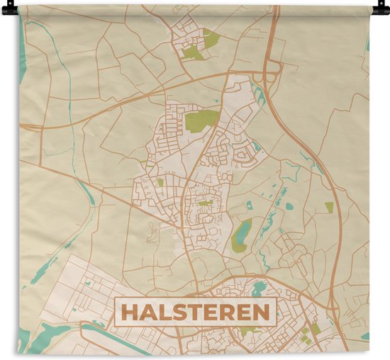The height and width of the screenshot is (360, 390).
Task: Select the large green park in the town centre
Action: click(x=204, y=119)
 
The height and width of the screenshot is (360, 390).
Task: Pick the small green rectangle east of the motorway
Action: click(x=329, y=207)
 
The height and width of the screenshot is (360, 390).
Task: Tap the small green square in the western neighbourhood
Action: click(x=160, y=182)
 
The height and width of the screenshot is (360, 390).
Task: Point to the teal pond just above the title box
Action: click(x=259, y=288)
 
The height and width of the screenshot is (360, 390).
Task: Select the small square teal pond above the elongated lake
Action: click(x=249, y=206)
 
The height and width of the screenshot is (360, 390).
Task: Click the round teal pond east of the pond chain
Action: click(x=289, y=207)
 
